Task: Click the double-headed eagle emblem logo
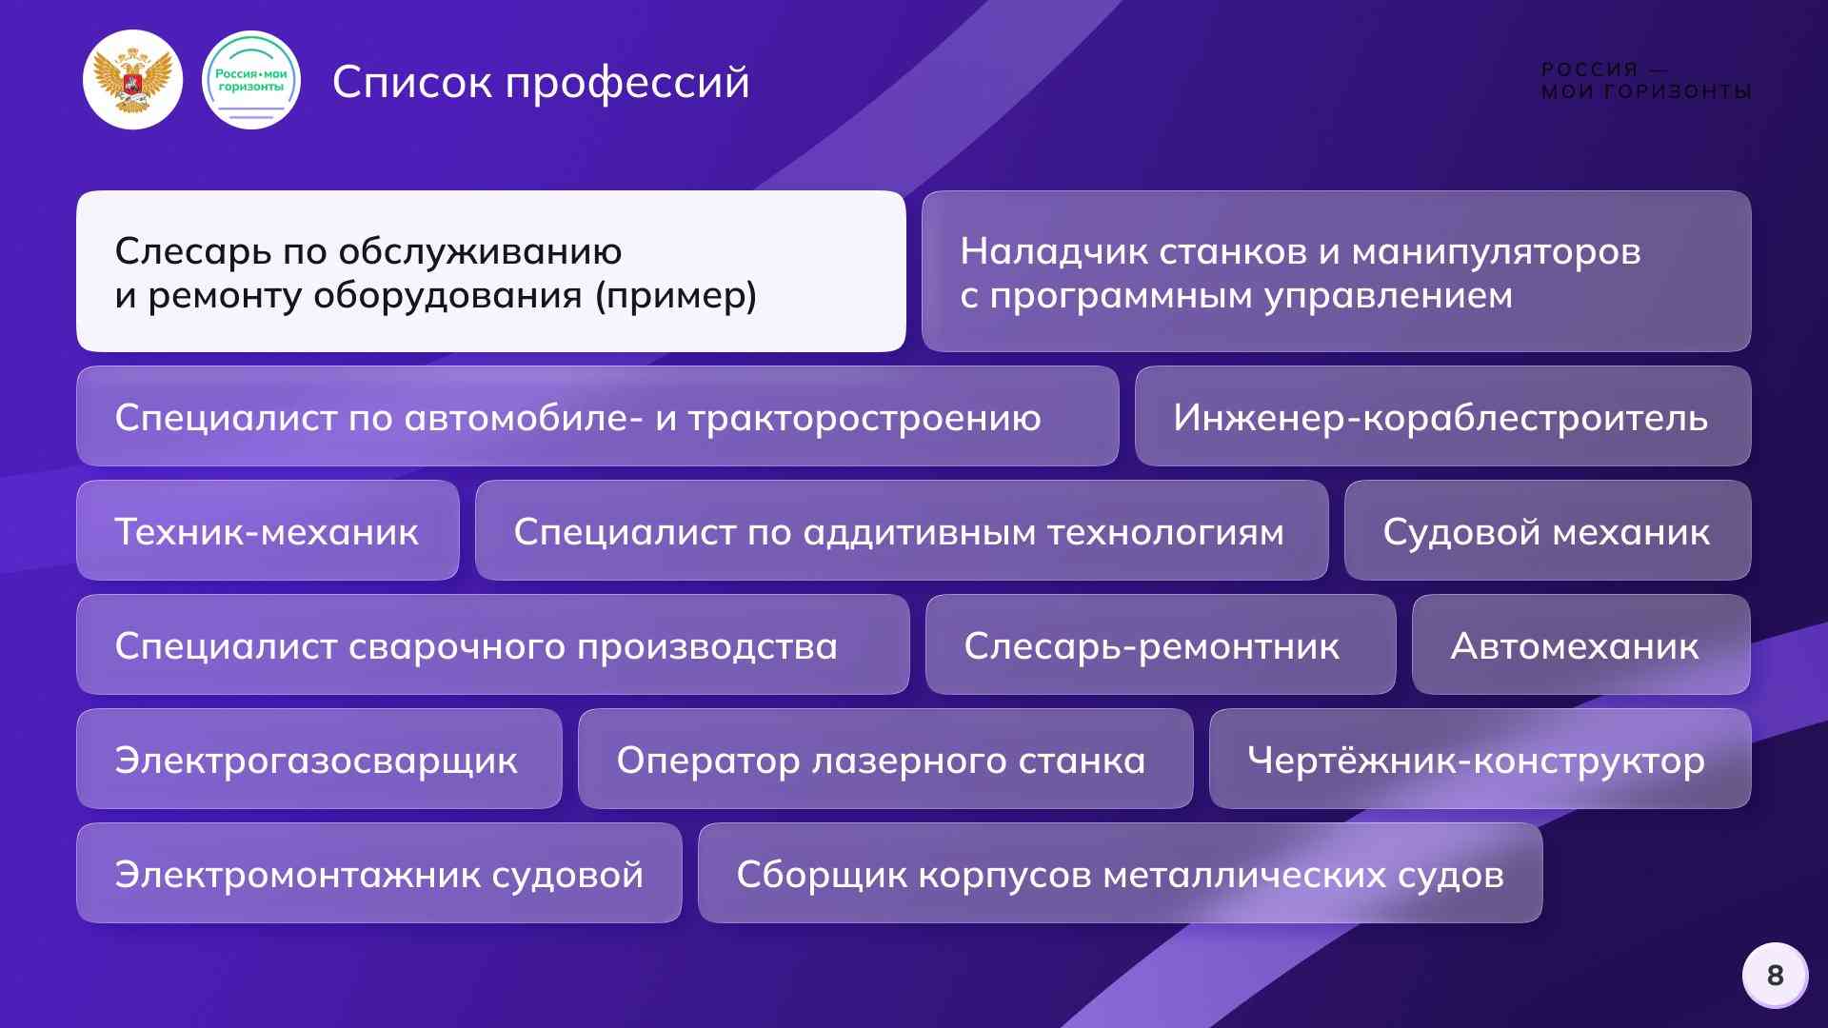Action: pyautogui.click(x=132, y=80)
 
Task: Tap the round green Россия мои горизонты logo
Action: pyautogui.click(x=251, y=80)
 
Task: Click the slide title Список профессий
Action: pyautogui.click(x=541, y=82)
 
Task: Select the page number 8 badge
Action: pyautogui.click(x=1775, y=975)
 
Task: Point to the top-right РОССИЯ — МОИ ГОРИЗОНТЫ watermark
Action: pyautogui.click(x=1646, y=81)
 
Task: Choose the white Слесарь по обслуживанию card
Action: pyautogui.click(x=490, y=271)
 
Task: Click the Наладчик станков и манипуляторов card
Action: pyautogui.click(x=1336, y=271)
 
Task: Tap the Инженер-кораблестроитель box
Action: pyautogui.click(x=1442, y=417)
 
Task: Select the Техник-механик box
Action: pyautogui.click(x=268, y=531)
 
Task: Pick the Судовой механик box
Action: pyautogui.click(x=1547, y=531)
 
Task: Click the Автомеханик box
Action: pyautogui.click(x=1580, y=645)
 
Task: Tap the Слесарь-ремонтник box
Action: pyautogui.click(x=1160, y=645)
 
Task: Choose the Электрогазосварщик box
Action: pyautogui.click(x=319, y=760)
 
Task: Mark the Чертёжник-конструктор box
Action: pyautogui.click(x=1480, y=760)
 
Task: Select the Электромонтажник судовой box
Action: pyautogui.click(x=379, y=874)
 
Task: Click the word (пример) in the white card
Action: pyautogui.click(x=676, y=296)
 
